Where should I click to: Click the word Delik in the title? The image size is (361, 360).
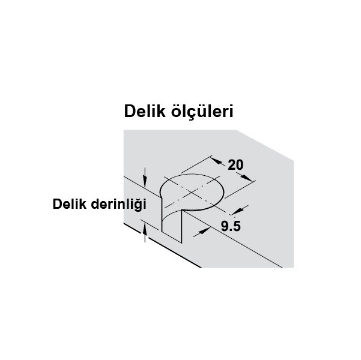point(145,112)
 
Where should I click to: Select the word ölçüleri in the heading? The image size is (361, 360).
point(202,112)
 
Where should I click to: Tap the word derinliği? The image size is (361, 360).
point(118,205)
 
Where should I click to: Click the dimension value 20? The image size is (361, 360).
point(235,165)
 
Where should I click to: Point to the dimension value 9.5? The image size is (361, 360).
point(231,226)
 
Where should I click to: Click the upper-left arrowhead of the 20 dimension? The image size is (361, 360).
point(217,160)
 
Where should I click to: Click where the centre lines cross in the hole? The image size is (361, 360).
point(192,193)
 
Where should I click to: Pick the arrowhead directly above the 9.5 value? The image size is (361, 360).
point(238,211)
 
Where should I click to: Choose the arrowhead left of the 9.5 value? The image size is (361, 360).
point(204,231)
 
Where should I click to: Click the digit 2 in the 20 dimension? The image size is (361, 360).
point(231,165)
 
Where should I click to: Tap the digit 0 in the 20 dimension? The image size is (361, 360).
point(240,165)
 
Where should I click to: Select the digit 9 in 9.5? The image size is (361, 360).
point(225,226)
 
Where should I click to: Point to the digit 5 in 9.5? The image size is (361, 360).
point(237,226)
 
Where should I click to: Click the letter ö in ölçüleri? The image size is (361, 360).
point(176,112)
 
